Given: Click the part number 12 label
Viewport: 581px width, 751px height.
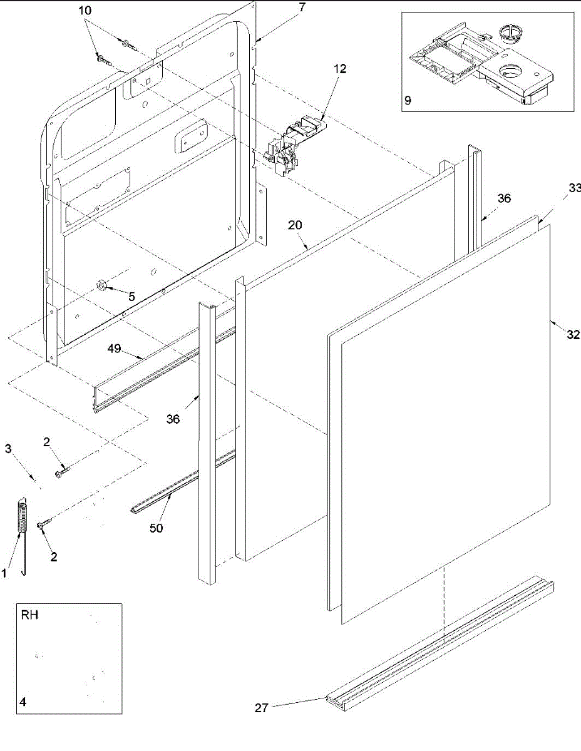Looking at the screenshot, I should [339, 68].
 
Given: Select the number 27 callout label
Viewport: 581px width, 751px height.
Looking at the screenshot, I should [262, 708].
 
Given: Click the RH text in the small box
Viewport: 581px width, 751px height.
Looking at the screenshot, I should [29, 615].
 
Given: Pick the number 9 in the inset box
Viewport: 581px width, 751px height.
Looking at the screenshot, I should [408, 101].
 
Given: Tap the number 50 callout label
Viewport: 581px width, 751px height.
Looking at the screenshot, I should [156, 528].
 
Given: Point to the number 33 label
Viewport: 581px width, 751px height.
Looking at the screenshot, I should [575, 188].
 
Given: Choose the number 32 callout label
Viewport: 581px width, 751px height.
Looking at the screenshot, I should [573, 335].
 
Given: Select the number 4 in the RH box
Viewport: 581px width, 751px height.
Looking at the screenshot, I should [23, 702].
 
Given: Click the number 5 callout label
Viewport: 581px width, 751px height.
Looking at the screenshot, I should [131, 297].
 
